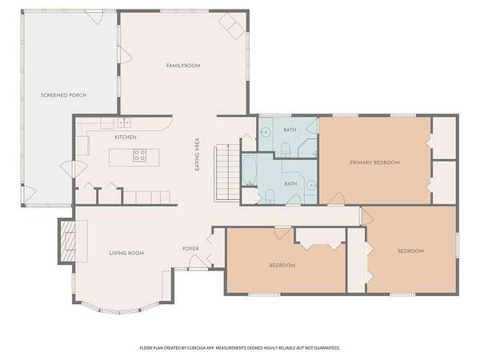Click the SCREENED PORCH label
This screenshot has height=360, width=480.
tap(63, 95)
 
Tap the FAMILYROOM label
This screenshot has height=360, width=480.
tap(183, 66)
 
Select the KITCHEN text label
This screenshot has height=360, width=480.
tap(126, 137)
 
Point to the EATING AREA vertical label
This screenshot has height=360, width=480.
tap(198, 154)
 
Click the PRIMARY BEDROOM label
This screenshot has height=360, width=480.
tap(374, 162)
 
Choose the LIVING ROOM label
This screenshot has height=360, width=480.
tap(126, 253)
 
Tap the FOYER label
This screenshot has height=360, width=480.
tap(190, 249)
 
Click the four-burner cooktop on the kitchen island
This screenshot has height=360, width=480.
tap(139, 155)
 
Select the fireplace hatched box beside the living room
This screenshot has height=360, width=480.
tap(66, 242)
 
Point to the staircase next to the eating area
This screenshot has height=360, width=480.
tap(227, 173)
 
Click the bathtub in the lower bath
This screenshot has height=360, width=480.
tap(250, 170)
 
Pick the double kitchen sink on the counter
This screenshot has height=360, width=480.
tap(124, 123)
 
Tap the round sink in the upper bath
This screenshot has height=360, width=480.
tap(265, 132)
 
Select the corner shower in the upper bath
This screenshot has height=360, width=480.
tap(308, 148)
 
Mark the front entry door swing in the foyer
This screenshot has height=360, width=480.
tap(196, 262)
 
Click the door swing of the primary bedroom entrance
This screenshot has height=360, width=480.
tap(337, 198)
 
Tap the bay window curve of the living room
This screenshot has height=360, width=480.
tap(120, 310)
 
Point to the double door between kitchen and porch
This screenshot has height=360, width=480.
tap(74, 169)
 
